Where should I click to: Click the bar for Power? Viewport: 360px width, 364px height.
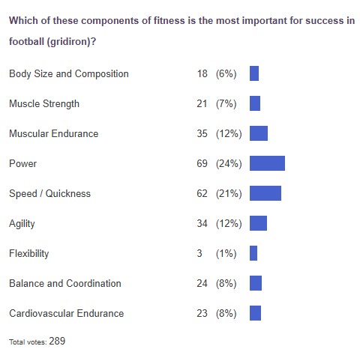(267, 163)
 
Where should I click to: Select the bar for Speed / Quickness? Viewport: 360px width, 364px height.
(265, 193)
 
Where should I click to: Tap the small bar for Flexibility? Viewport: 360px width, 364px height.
(253, 253)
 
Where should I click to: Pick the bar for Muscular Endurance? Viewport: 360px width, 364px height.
(258, 133)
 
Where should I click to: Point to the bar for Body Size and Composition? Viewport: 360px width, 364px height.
(254, 73)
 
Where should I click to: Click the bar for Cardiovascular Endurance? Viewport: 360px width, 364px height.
(255, 313)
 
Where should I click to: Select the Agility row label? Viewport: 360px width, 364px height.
(22, 223)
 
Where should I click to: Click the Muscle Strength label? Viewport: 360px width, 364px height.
(43, 103)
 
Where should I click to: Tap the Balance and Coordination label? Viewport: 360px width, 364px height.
(64, 283)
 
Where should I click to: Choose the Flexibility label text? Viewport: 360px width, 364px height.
(28, 253)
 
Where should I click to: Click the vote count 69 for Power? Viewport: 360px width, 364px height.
(202, 163)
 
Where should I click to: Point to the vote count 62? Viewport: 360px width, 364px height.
(202, 193)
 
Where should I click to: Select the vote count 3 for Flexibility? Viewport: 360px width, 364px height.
(199, 253)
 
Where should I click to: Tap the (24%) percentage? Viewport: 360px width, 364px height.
(228, 163)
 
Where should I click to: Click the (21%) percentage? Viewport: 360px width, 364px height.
(228, 193)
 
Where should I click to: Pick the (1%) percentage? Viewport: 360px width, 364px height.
(225, 253)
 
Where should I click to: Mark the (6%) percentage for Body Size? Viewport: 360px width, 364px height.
(225, 73)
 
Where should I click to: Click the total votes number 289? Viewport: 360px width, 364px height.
(58, 341)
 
